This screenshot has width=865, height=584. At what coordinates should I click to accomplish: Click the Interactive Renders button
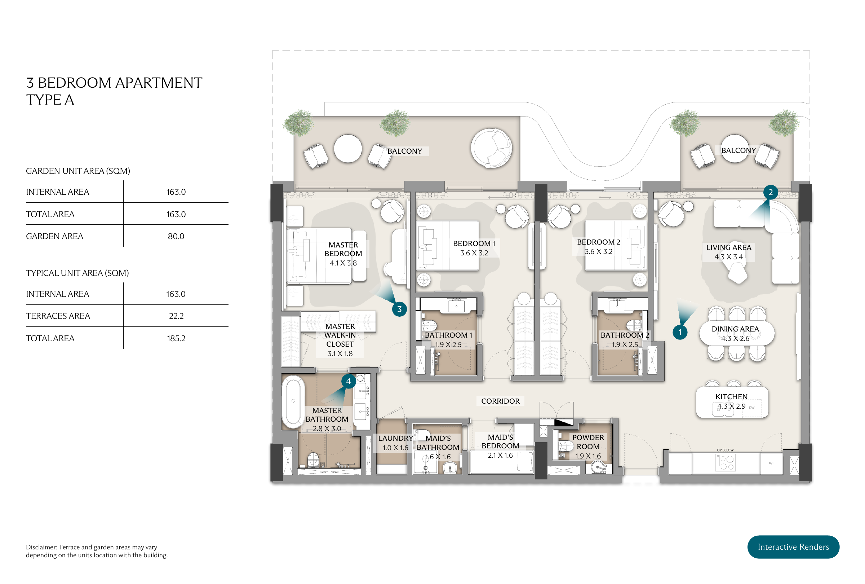point(793,546)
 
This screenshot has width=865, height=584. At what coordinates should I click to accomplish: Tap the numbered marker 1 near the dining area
point(679,332)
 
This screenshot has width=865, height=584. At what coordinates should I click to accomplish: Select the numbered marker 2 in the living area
point(770,192)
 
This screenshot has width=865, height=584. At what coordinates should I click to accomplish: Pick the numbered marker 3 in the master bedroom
point(399,309)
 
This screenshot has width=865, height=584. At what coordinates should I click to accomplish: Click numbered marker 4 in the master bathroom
point(348,381)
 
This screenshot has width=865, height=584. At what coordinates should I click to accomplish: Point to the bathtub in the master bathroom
point(293,401)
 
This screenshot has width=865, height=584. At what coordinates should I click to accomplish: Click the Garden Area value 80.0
point(176,236)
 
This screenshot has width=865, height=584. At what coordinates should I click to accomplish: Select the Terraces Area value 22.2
point(176,316)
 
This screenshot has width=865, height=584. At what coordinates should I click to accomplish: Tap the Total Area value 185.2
point(176,338)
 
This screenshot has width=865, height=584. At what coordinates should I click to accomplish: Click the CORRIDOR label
point(500,401)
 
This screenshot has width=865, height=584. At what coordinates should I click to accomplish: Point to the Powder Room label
point(588,442)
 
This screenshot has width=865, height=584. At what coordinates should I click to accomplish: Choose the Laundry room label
point(395,438)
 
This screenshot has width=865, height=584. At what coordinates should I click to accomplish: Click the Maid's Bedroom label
point(500,442)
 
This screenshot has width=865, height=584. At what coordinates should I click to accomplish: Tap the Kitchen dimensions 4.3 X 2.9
point(731,406)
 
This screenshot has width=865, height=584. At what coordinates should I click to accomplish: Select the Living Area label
point(728,247)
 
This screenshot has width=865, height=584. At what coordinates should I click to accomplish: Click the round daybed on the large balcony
point(491,148)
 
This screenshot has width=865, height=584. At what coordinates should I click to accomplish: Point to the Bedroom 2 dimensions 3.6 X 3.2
point(598,251)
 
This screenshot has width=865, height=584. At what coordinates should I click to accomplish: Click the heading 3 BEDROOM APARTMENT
point(114,83)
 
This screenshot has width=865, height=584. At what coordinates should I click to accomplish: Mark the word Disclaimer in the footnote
point(41,547)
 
